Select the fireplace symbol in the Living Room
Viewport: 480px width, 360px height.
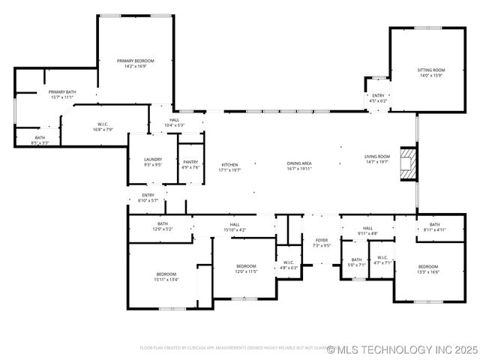(x=407, y=163)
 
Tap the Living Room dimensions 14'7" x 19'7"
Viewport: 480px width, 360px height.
(x=377, y=162)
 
